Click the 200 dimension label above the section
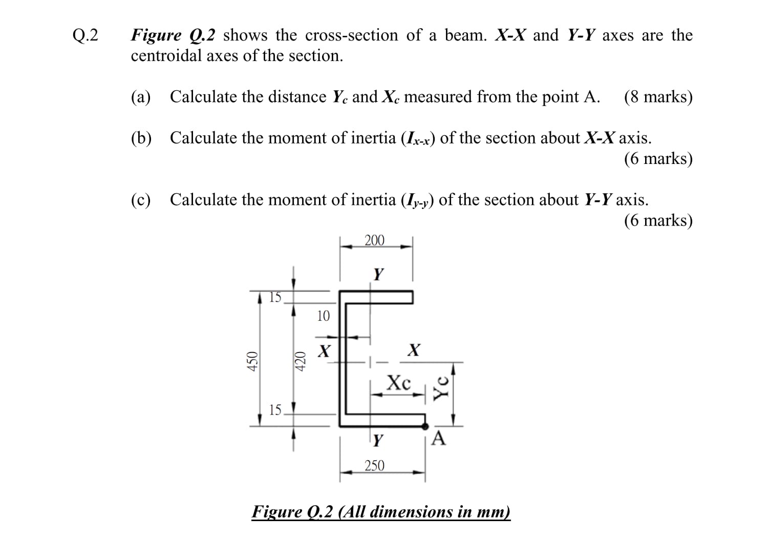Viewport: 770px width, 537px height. coord(374,240)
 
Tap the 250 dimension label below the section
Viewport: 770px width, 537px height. coord(374,465)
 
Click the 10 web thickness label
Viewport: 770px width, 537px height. coord(323,316)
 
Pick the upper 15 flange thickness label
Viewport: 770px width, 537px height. coord(275,297)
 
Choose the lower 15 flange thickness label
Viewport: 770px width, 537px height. coord(275,409)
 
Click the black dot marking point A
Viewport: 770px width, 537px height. coord(424,425)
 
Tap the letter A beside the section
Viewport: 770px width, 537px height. coord(439,439)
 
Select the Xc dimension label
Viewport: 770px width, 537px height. coord(399,382)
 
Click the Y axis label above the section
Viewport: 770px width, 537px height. coord(378,274)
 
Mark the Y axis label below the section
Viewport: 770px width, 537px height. coord(378,440)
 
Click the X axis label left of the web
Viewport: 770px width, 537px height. coord(324,352)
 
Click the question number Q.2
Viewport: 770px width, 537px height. coord(85,35)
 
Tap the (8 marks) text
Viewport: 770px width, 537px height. coord(658,96)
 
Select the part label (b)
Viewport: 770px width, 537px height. coord(141,138)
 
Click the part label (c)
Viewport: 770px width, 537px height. coord(141,199)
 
